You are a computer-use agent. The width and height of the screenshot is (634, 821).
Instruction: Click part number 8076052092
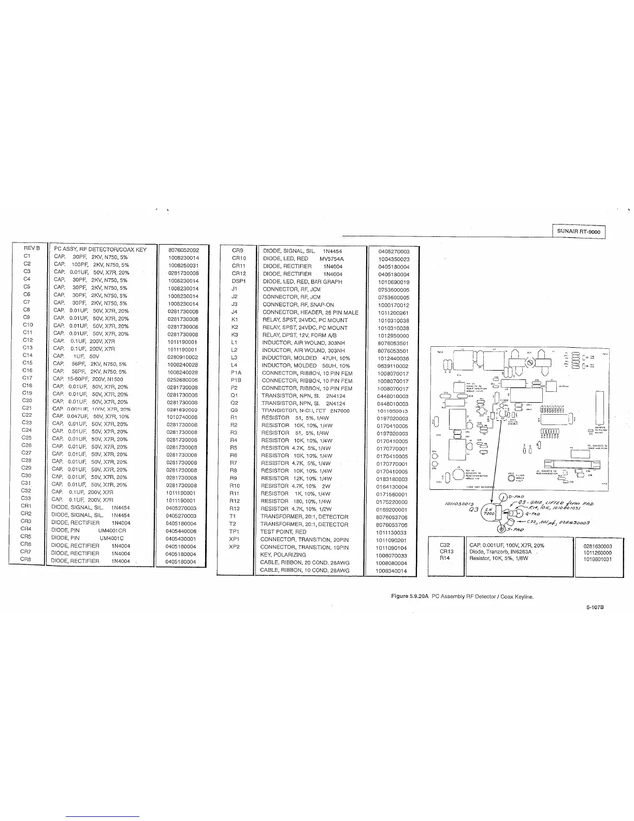pyautogui.click(x=184, y=250)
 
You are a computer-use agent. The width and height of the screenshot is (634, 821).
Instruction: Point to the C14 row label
pyautogui.click(x=27, y=355)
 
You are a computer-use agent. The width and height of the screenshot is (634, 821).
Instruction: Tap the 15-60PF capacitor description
pyautogui.click(x=89, y=379)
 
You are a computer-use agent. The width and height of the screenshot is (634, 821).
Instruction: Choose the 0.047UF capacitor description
pyautogui.click(x=91, y=417)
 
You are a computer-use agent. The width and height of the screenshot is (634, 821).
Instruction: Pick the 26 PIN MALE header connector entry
pyautogui.click(x=310, y=313)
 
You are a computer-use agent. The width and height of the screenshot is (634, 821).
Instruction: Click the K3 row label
pyautogui.click(x=234, y=335)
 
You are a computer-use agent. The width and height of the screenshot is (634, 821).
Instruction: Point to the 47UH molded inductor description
pyautogui.click(x=306, y=358)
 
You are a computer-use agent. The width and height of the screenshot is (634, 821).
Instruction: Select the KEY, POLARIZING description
pyautogui.click(x=283, y=555)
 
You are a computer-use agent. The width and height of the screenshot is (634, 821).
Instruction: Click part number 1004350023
pyautogui.click(x=394, y=259)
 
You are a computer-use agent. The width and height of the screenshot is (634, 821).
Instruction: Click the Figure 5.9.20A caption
pyautogui.click(x=462, y=597)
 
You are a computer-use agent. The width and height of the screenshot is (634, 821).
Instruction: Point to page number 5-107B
pyautogui.click(x=594, y=608)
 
